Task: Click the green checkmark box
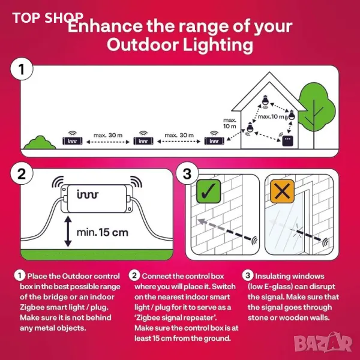[x=208, y=191]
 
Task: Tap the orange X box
[x=282, y=191]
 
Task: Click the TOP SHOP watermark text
[x=48, y=17]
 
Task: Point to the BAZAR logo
[x=323, y=343]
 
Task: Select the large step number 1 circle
[x=22, y=69]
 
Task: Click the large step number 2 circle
[x=22, y=173]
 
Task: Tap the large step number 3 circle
[x=187, y=173]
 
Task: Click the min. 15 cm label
[x=103, y=233]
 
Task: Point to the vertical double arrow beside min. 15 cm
[x=68, y=232]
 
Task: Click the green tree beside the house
[x=316, y=110]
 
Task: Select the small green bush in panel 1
[x=40, y=143]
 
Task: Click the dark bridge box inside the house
[x=287, y=141]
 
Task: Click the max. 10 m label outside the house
[x=230, y=123]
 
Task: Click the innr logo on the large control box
[x=88, y=194]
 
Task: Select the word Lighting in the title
[x=218, y=45]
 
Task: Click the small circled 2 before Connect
[x=134, y=275]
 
